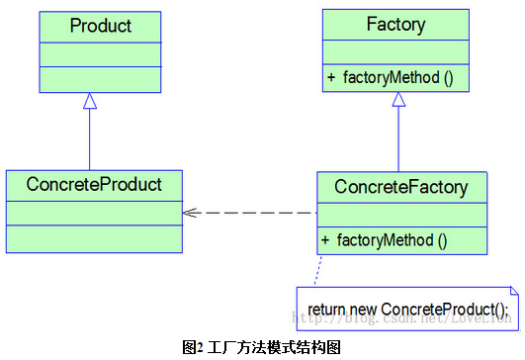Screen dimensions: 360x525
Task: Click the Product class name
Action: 100,26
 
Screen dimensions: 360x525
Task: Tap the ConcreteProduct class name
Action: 94,184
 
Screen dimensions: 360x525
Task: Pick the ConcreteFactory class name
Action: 401,186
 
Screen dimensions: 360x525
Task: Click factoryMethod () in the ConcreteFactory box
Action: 393,239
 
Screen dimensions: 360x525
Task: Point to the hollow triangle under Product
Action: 90,101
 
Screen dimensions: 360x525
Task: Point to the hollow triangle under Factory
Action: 398,99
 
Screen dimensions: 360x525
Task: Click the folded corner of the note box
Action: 511,292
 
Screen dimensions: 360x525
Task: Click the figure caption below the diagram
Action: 262,347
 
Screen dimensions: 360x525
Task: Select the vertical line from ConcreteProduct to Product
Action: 90,138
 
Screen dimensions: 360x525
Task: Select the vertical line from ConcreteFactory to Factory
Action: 398,138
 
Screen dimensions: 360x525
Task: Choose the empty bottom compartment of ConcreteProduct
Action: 94,238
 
